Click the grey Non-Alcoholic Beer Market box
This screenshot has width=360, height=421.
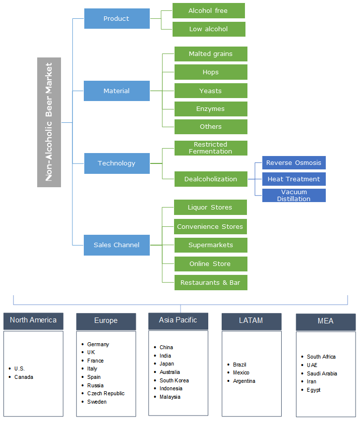[x=49, y=122]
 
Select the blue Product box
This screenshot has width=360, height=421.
[x=117, y=18]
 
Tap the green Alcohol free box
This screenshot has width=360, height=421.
[x=208, y=10]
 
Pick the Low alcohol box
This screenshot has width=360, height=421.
[x=208, y=29]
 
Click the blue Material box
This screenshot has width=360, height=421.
[x=117, y=91]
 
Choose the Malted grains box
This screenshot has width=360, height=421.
[x=211, y=53]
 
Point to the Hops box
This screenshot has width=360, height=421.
[x=211, y=72]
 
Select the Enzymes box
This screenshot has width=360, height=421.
[x=211, y=108]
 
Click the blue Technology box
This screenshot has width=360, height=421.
[x=117, y=163]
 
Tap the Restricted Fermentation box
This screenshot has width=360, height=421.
[x=211, y=148]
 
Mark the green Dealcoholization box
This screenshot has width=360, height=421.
[x=211, y=179]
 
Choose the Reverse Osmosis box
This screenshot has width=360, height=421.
[x=294, y=162]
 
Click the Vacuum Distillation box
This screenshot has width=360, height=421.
[x=294, y=195]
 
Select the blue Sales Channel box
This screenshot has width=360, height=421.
[x=117, y=245]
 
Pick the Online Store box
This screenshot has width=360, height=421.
[x=211, y=263]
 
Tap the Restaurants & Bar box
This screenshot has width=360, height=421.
[x=211, y=282]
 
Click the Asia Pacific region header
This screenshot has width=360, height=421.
[x=178, y=320]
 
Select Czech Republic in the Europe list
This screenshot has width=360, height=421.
[x=106, y=393]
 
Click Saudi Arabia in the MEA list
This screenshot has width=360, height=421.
[x=322, y=373]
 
